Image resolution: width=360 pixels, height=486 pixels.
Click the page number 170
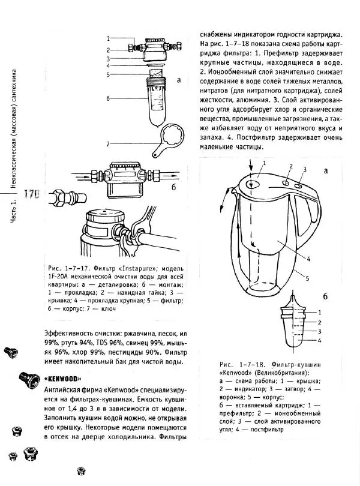pyautogui.click(x=30, y=194)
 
